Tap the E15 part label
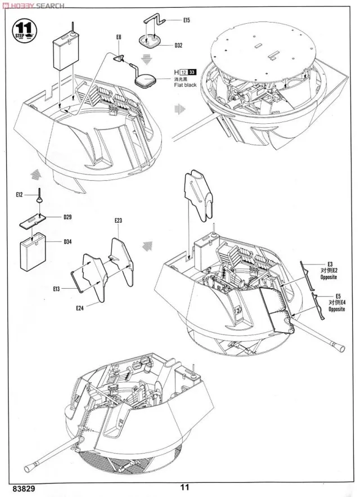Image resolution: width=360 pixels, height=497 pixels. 187,20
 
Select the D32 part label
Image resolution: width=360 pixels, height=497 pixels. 178,44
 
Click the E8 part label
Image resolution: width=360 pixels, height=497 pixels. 119,37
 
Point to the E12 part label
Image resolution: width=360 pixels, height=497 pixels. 19,195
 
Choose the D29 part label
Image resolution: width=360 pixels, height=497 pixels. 67,217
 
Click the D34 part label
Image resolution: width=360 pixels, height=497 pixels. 67,243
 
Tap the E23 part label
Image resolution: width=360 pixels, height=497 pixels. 118,220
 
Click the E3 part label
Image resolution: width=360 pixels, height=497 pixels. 330,263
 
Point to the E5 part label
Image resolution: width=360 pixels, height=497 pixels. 338,296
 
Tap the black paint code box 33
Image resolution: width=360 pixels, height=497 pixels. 192,71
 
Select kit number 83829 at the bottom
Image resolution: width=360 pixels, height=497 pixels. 15,490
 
